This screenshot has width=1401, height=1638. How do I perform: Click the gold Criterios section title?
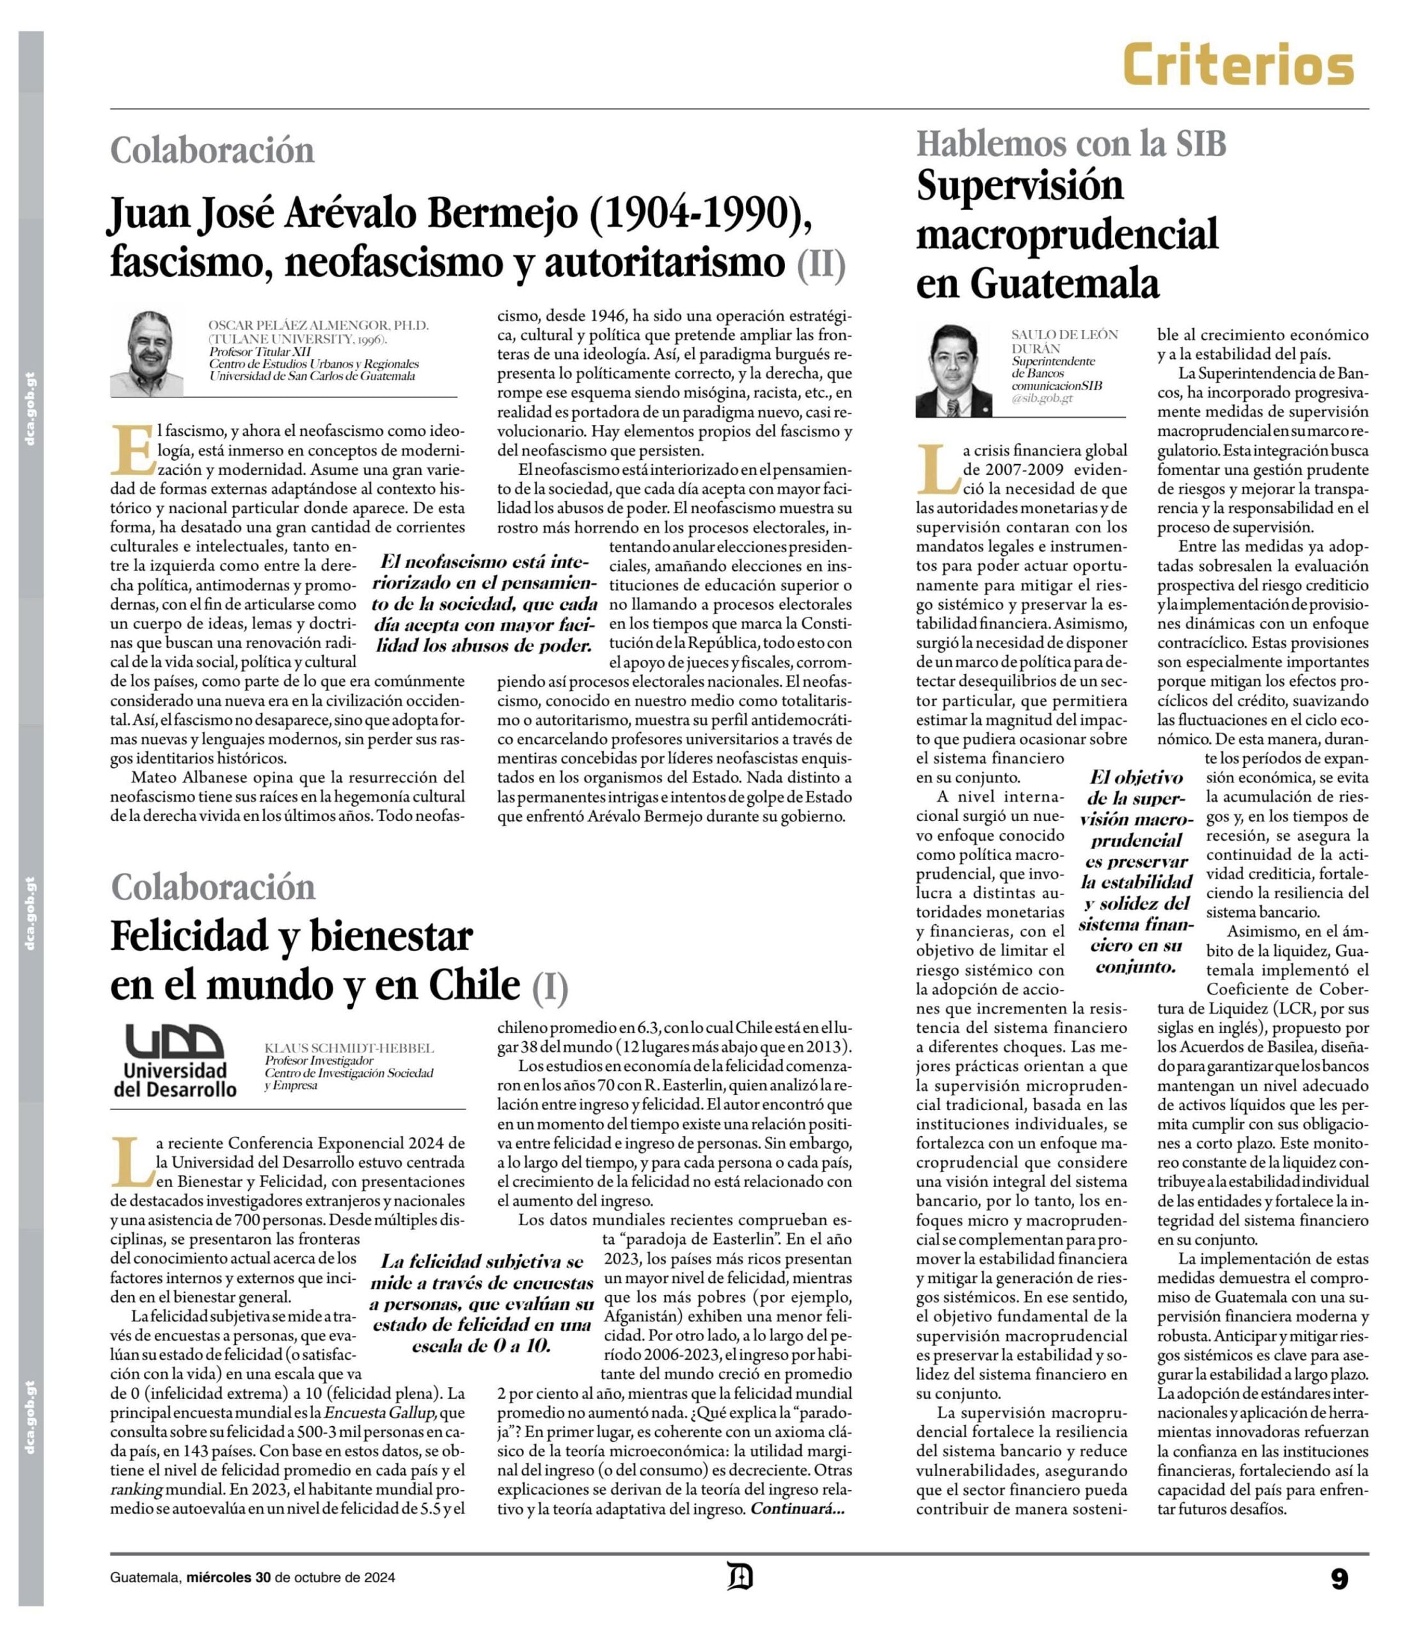click(x=1239, y=65)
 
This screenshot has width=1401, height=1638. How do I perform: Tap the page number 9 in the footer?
click(x=1338, y=1578)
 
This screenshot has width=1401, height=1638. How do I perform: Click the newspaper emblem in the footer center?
click(x=740, y=1575)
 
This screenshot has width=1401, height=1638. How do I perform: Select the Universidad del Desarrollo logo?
click(x=175, y=1060)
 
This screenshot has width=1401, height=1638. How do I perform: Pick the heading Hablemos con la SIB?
click(x=1071, y=144)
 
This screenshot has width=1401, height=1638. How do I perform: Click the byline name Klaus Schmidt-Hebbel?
click(x=349, y=1048)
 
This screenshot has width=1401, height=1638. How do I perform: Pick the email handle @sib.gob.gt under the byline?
click(x=1041, y=399)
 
